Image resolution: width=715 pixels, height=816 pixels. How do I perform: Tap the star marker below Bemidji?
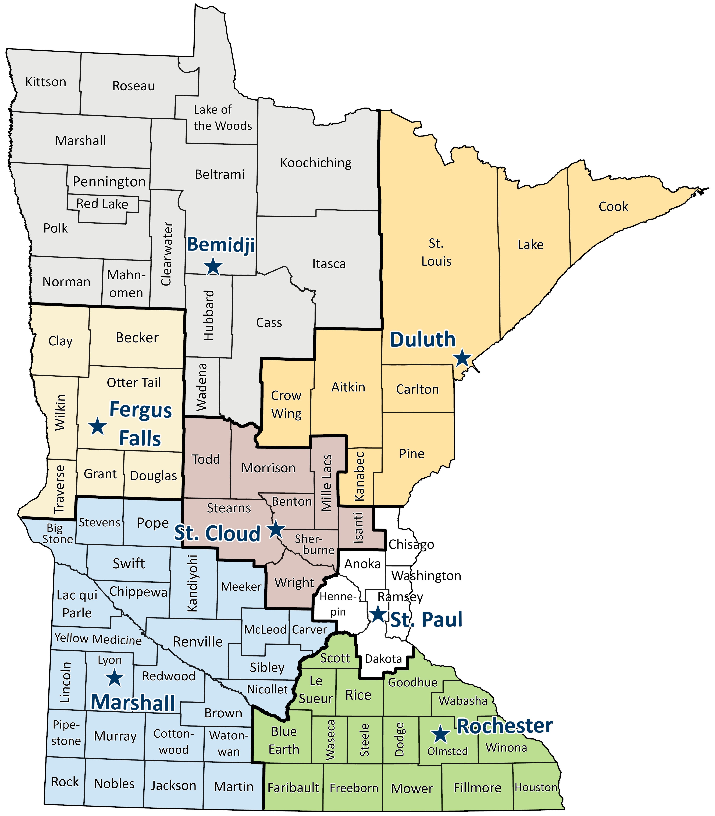click(x=213, y=266)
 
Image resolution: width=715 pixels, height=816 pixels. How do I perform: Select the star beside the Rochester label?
click(x=440, y=734)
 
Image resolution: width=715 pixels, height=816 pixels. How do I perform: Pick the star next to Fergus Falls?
click(x=97, y=426)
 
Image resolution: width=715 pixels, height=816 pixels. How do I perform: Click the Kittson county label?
click(x=46, y=82)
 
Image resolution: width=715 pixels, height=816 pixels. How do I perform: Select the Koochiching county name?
click(x=316, y=163)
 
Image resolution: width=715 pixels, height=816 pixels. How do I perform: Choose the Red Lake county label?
click(x=102, y=204)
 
